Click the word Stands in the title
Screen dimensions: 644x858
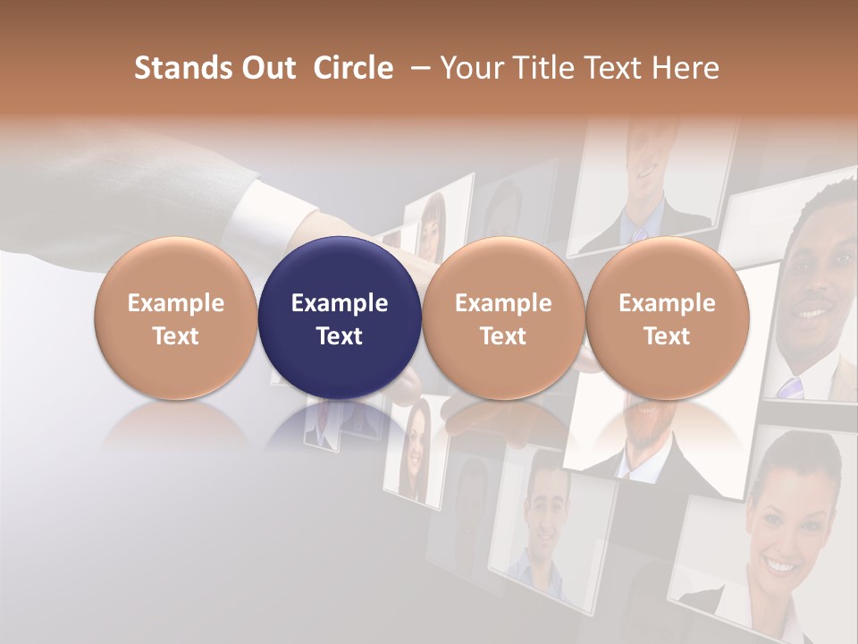click(182, 68)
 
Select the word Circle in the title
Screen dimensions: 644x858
click(353, 68)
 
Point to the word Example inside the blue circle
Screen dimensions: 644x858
click(340, 303)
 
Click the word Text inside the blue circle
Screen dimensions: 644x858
click(340, 336)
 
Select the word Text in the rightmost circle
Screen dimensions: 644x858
click(667, 336)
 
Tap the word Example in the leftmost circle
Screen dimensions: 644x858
click(176, 303)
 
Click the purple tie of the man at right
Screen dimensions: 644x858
click(790, 387)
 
